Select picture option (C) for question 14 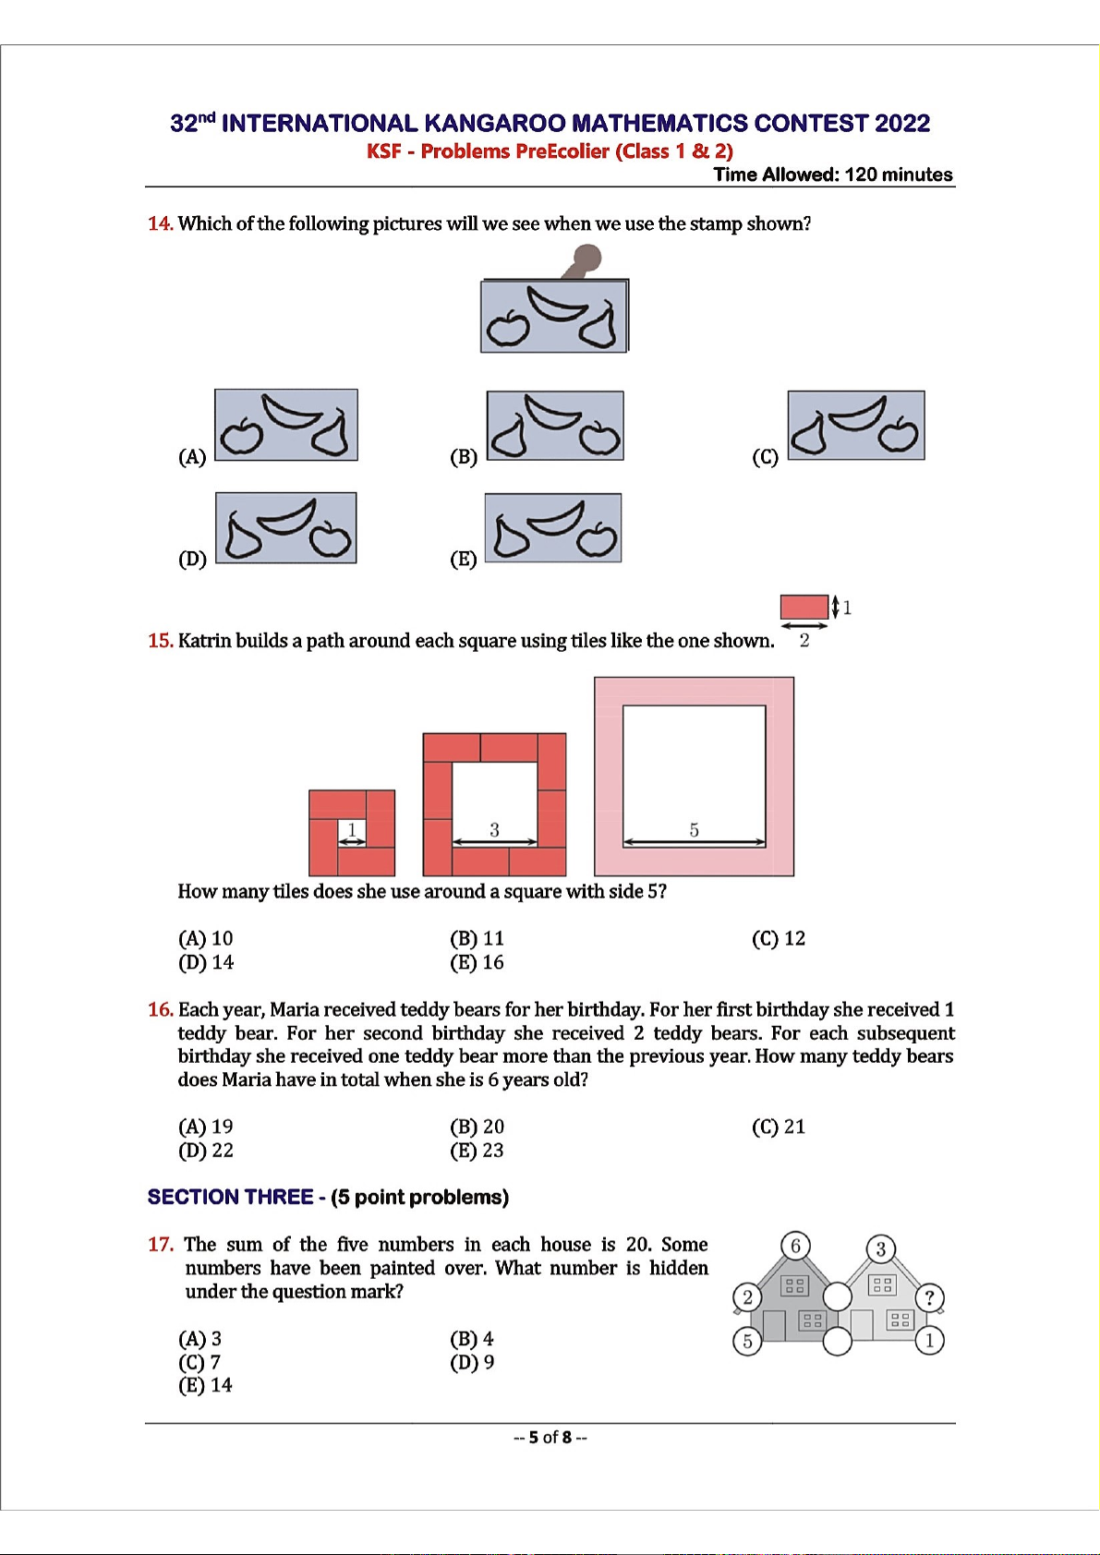855,425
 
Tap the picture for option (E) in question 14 552,528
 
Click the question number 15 160,641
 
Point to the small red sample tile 804,607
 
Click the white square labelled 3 494,803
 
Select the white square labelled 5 694,776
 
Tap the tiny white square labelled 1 352,832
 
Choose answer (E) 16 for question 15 477,962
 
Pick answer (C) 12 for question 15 779,938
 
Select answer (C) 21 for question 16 779,1127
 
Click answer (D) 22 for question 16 206,1151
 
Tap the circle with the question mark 929,1297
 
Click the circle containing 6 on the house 795,1246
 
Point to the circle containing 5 747,1341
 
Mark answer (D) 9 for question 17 472,1362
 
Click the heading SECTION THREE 230,1197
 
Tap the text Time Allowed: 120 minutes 832,175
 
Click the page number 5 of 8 550,1437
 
